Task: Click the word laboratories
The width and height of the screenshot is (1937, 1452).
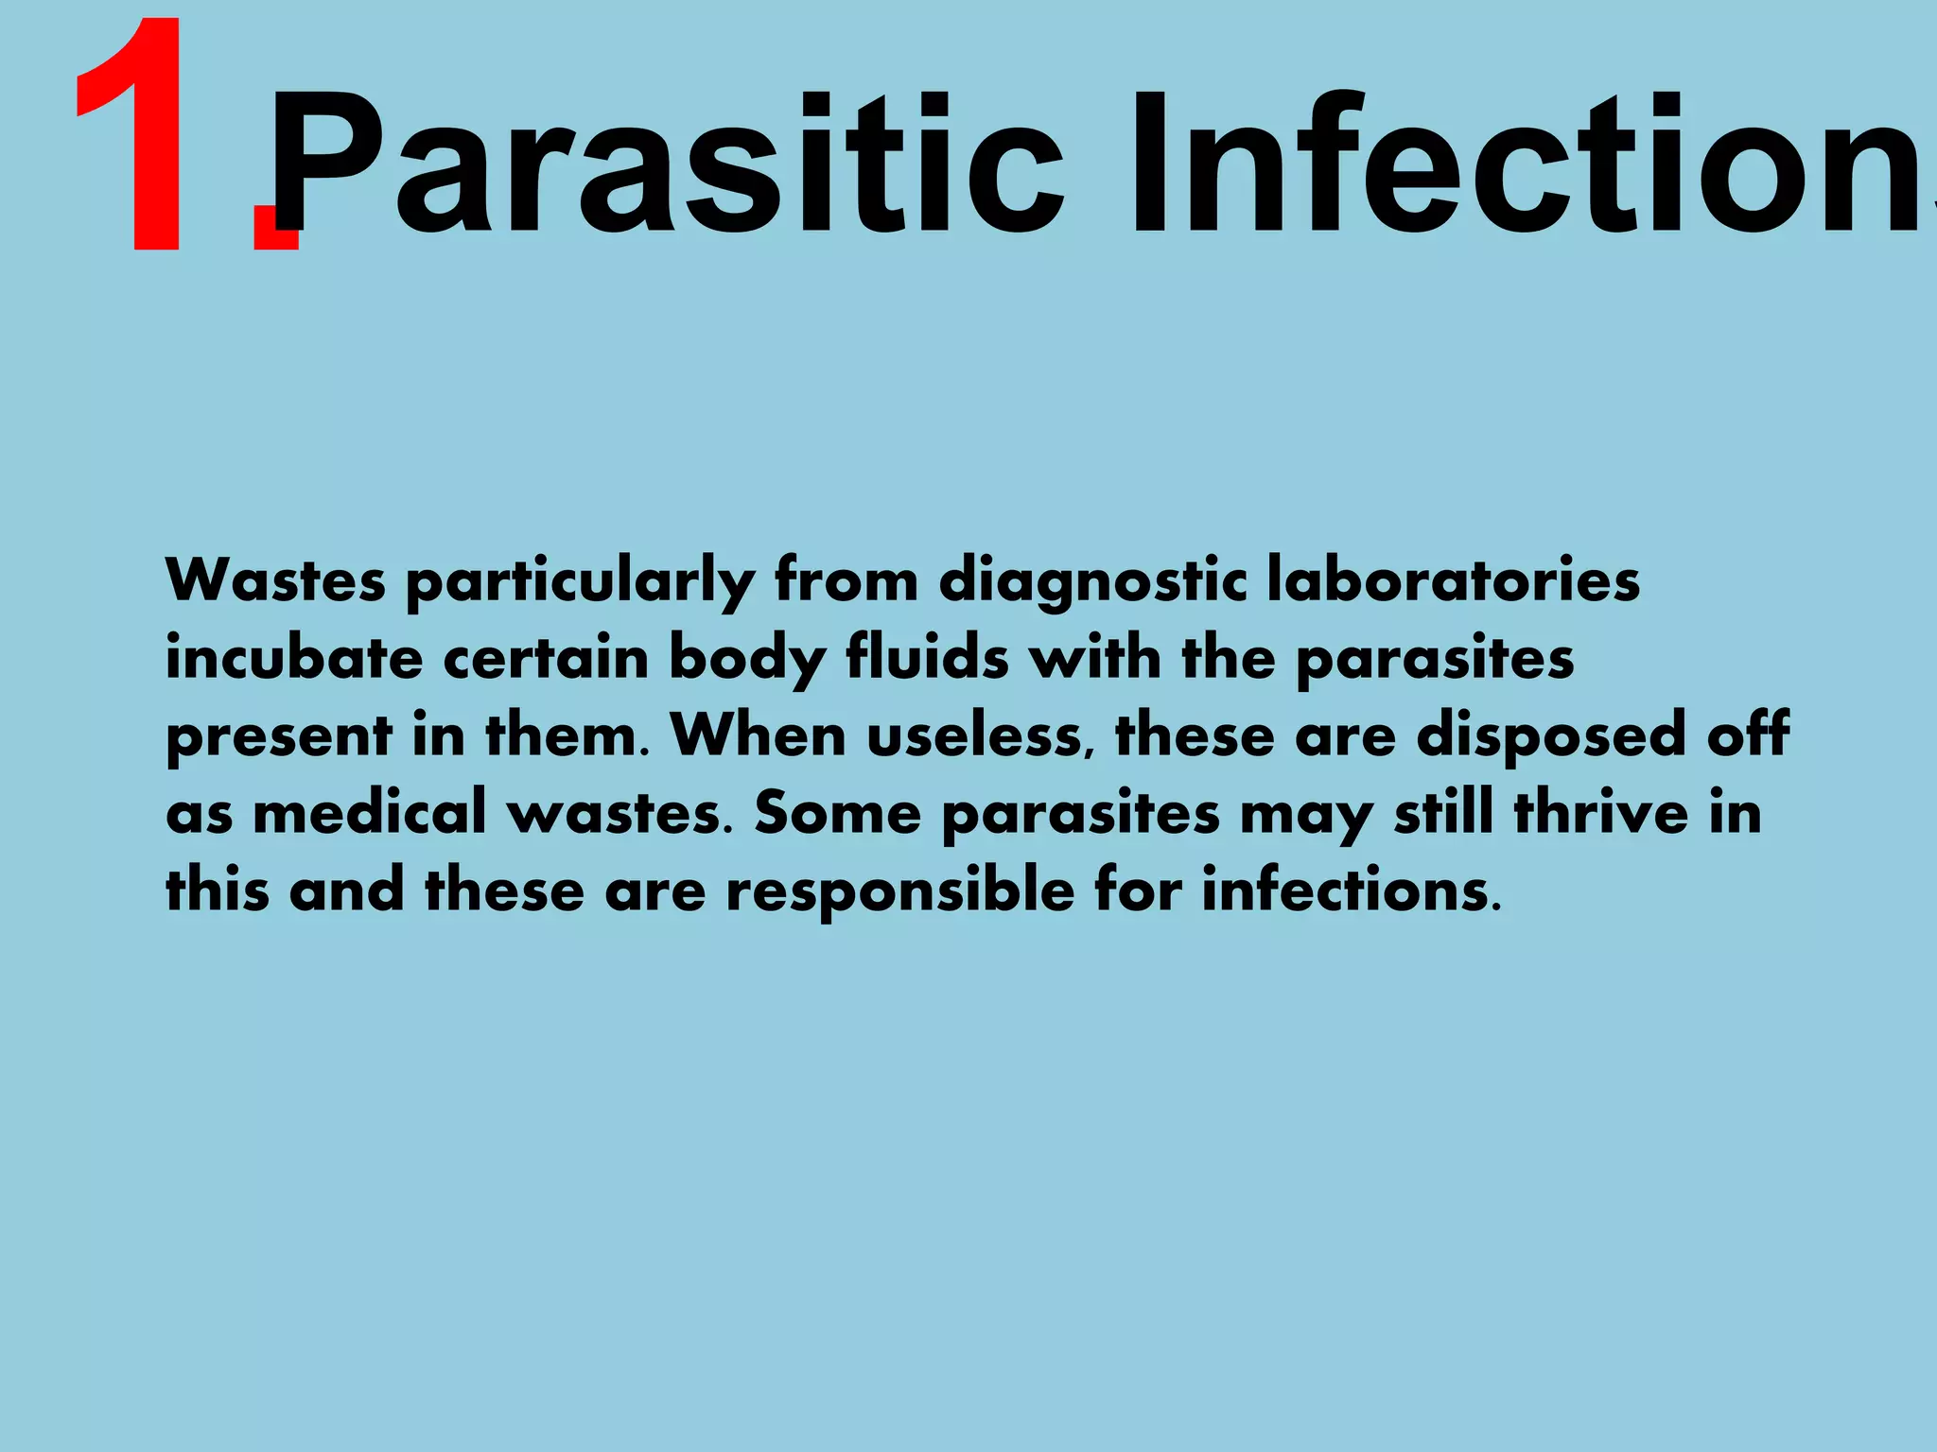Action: tap(1453, 580)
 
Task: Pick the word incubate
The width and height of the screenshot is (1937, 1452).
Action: tap(294, 658)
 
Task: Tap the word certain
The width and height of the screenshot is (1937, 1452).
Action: tap(546, 658)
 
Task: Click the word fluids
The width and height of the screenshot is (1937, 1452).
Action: tap(927, 658)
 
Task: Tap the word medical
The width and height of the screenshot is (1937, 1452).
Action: tap(369, 812)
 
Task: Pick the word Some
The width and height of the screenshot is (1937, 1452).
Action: tap(837, 812)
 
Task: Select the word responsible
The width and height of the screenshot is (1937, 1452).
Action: tap(899, 891)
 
